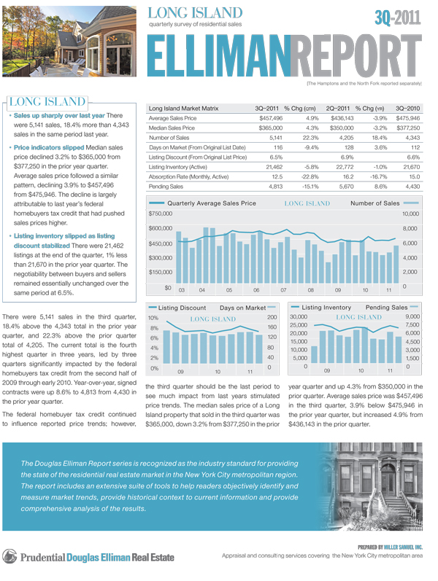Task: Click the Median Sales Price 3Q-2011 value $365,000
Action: [x=267, y=127]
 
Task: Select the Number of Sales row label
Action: [x=169, y=137]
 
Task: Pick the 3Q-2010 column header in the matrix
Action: [x=404, y=107]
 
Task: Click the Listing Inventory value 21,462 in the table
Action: [x=270, y=166]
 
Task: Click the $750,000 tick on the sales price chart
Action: [x=160, y=214]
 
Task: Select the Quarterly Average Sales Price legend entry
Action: [x=212, y=203]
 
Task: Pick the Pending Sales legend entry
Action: [x=387, y=308]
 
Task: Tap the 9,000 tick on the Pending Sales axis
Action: [x=412, y=319]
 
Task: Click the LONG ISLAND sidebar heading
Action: [x=47, y=102]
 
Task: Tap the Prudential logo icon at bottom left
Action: [x=9, y=557]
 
